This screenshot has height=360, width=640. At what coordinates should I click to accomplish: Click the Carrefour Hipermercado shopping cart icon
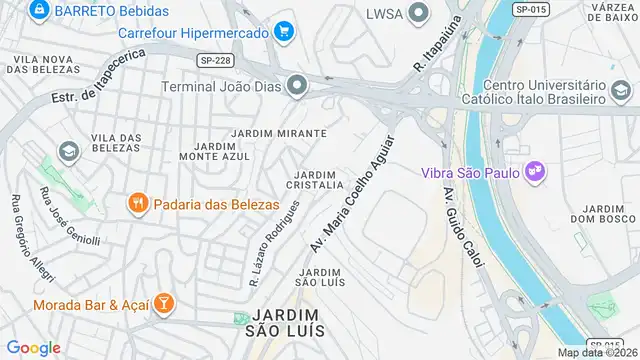coord(284,31)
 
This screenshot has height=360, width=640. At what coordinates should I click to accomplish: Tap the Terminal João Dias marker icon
coord(296,85)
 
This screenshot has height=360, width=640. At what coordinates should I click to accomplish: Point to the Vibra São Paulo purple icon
coord(535,171)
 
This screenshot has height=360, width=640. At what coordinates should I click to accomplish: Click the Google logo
coord(33,347)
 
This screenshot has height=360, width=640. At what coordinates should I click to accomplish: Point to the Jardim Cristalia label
coord(315,180)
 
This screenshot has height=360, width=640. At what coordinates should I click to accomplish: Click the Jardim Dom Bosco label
coord(598,212)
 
